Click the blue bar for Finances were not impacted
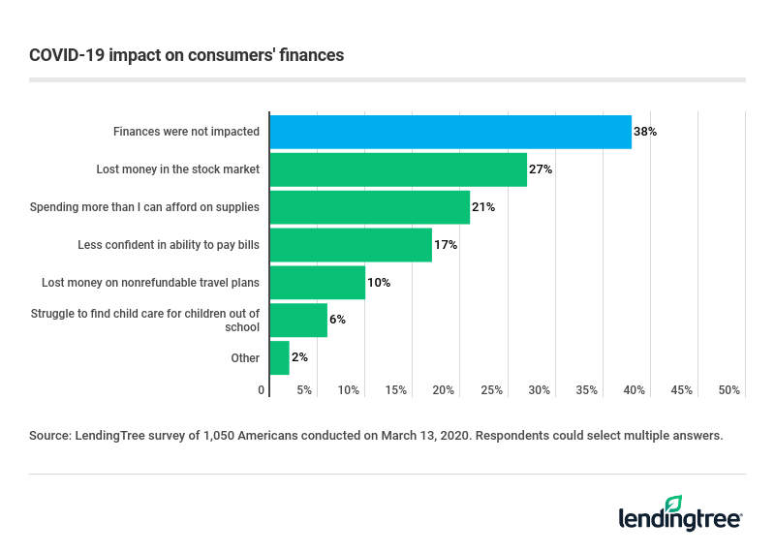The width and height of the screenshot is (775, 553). (450, 132)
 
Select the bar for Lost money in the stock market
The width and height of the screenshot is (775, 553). (398, 169)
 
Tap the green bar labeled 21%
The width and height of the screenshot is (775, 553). (369, 207)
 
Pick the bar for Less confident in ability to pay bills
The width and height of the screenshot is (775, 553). (351, 245)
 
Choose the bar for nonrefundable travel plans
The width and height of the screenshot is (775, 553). (317, 283)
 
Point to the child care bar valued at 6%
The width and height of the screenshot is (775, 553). (298, 321)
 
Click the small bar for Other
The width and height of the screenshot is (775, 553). (279, 358)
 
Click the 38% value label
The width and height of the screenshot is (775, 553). (645, 132)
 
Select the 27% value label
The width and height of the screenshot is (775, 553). (541, 169)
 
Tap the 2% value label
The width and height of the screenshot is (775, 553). (299, 358)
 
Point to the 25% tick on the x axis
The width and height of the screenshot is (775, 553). (492, 390)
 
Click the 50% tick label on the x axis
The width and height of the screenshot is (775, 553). (729, 390)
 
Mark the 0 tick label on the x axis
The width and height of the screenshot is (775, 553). (262, 390)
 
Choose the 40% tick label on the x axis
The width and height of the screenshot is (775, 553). (635, 390)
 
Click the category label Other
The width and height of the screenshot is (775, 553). (245, 358)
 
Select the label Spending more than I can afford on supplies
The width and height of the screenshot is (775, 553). (144, 207)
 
